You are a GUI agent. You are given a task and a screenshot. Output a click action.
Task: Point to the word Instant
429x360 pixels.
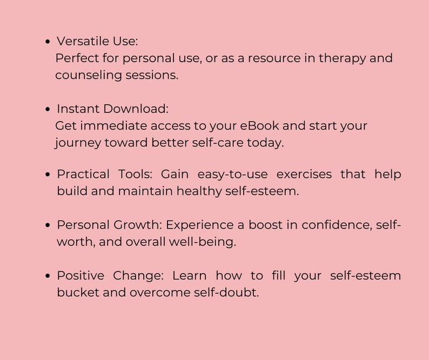[78, 109]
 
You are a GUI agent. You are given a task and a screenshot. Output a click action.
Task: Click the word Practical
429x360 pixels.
[81, 175]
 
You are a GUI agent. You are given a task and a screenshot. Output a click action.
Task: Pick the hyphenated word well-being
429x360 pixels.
[202, 242]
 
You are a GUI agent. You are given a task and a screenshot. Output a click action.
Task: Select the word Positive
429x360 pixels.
[81, 276]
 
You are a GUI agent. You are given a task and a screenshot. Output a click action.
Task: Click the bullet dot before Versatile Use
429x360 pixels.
[49, 42]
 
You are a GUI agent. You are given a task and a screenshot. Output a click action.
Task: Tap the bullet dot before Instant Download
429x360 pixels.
[49, 109]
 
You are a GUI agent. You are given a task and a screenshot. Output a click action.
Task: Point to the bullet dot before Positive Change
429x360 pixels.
[49, 276]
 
